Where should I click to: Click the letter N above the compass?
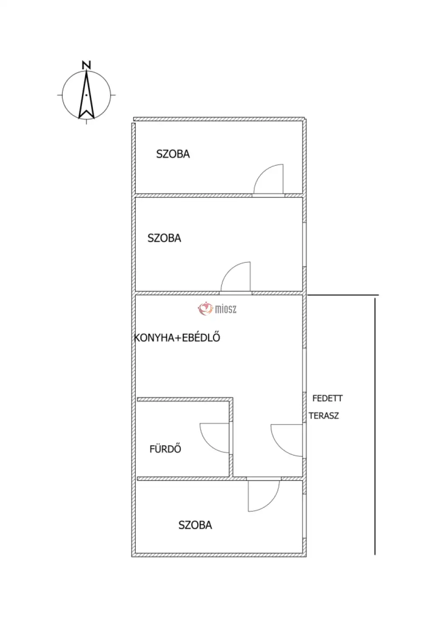[x=86, y=65]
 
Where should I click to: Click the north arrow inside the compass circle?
[x=86, y=95]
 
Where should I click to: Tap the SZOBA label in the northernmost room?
[x=173, y=154]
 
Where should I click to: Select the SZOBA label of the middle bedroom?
[x=164, y=238]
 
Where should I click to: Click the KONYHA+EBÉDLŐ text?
[x=177, y=338]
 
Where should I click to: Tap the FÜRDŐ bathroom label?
[x=165, y=449]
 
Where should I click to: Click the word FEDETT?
[x=327, y=398]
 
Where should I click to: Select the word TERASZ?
[x=324, y=416]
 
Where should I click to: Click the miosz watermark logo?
[x=217, y=309]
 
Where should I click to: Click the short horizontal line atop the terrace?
[x=343, y=295]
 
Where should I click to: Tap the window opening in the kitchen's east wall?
[x=304, y=370]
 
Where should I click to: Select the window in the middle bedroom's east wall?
[x=304, y=244]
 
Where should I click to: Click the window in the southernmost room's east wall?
[x=304, y=516]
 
